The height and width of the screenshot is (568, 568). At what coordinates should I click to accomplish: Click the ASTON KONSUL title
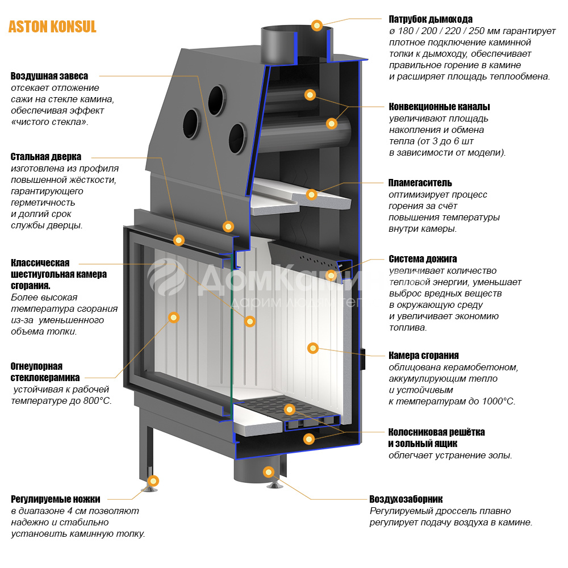point(52,27)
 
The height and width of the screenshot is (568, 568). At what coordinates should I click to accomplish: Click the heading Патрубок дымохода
point(430,19)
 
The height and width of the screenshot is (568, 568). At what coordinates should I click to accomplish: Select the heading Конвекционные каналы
point(439,106)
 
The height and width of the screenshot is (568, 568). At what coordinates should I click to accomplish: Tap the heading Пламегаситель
point(420,183)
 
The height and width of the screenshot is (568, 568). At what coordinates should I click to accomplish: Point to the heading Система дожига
point(423,259)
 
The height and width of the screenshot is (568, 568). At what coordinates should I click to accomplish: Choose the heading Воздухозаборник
point(406,499)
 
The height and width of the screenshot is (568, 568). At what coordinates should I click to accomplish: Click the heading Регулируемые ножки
point(55,499)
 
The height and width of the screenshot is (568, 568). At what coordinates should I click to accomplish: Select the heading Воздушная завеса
point(49,76)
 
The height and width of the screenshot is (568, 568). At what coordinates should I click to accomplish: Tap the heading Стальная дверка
point(46,157)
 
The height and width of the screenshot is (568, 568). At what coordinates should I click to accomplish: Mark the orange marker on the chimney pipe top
point(317,25)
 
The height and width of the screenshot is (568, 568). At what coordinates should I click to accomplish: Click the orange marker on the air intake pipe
point(269,471)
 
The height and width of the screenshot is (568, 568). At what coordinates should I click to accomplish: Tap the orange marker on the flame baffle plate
point(311,194)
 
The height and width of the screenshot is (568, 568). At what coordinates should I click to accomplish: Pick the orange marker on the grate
point(289,409)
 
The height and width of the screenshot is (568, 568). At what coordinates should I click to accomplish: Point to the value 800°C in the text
point(96,400)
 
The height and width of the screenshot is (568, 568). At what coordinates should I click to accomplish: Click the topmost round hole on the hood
point(215,97)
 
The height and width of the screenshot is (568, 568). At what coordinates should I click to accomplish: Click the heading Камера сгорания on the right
point(423,356)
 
